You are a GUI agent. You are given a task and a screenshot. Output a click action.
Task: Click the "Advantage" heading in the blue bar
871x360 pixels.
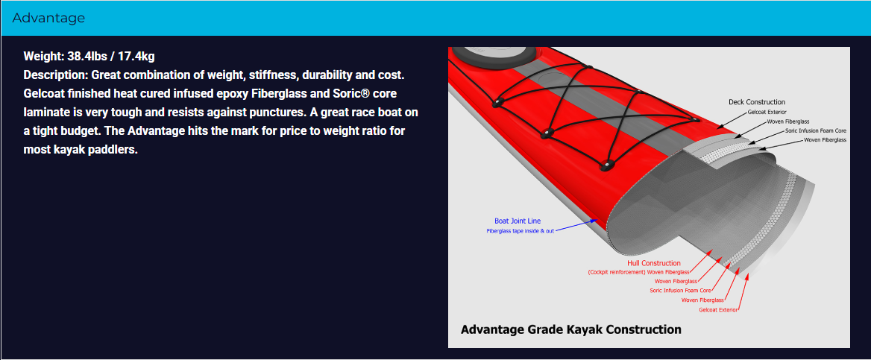click(x=48, y=18)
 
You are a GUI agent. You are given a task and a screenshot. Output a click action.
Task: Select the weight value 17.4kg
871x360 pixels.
click(x=136, y=56)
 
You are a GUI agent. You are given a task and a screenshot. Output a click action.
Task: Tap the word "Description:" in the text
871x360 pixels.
click(x=56, y=75)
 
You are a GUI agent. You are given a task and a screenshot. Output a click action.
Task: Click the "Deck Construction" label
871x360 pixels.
click(x=757, y=102)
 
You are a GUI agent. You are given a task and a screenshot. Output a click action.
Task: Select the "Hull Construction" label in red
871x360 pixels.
click(x=654, y=263)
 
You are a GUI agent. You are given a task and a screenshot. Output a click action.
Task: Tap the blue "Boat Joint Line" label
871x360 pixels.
click(x=518, y=221)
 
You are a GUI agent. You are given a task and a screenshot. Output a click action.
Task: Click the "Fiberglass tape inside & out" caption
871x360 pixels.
click(x=520, y=230)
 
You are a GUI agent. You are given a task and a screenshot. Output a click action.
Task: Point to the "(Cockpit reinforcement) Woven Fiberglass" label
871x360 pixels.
click(x=638, y=272)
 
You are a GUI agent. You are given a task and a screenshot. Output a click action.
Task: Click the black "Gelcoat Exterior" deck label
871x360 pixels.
click(x=767, y=113)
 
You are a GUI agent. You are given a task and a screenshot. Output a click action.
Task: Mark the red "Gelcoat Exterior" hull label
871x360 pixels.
click(x=719, y=309)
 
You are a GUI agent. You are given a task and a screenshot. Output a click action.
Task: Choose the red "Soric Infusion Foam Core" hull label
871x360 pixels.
click(x=680, y=291)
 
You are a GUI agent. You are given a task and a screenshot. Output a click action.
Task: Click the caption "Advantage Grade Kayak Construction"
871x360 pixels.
click(x=571, y=329)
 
